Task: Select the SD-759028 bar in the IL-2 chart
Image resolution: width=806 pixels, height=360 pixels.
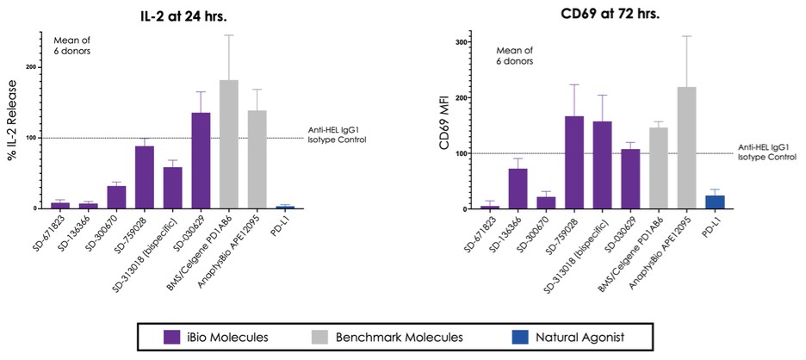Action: point(144,177)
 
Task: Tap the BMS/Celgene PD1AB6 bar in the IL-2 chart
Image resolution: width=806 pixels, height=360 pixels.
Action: point(205,144)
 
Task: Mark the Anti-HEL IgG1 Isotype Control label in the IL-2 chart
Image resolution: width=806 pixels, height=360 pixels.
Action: point(338,134)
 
